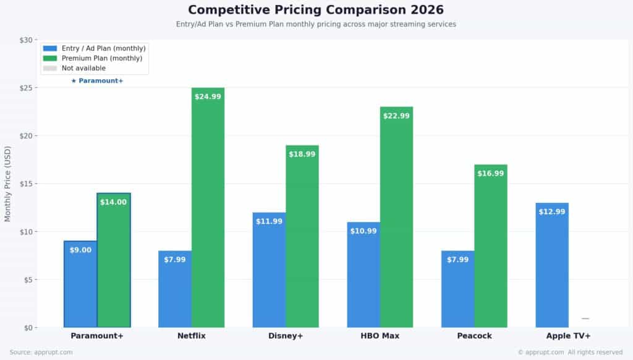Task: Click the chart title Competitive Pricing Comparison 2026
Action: [316, 10]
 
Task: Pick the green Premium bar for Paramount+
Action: [114, 260]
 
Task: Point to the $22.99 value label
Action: [396, 116]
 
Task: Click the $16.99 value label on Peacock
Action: [491, 174]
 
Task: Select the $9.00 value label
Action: [80, 251]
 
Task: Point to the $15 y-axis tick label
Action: [28, 184]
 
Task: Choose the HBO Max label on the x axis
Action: [380, 336]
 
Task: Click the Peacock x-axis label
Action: [474, 336]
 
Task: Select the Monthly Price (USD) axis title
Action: [8, 184]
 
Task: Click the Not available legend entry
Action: [83, 68]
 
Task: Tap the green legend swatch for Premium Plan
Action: [50, 58]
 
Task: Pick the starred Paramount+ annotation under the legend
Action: [97, 81]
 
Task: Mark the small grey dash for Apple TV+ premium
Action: [585, 319]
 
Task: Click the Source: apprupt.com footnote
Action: [41, 353]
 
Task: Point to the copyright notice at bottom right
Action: [570, 353]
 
